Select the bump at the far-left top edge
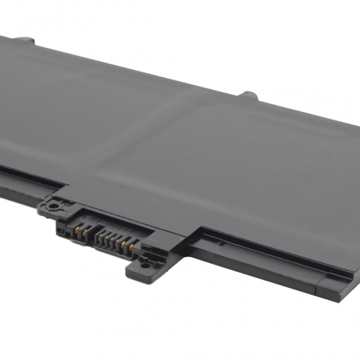[24, 40]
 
